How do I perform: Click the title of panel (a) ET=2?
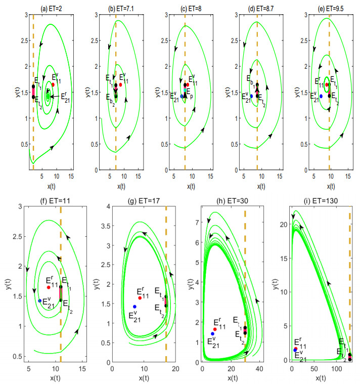point(45,5)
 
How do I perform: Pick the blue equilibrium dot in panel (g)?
point(134,307)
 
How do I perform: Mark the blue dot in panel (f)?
point(40,301)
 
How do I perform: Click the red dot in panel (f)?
point(49,287)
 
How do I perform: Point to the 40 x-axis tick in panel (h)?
point(259,368)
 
